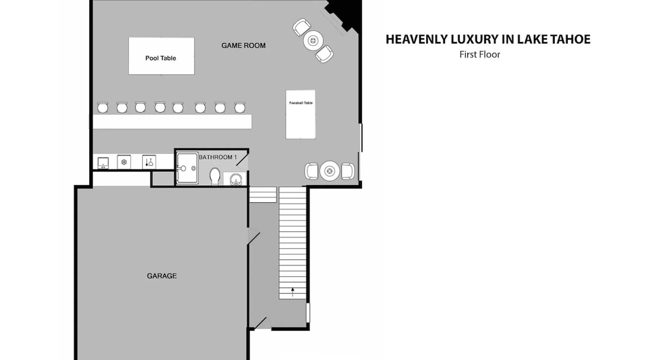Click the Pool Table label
point(161,58)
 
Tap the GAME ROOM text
point(243,45)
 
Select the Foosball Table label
point(301,103)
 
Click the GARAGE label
point(162,276)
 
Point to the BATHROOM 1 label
point(218,157)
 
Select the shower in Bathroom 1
point(187,168)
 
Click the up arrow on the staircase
point(293,292)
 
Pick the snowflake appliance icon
point(124,162)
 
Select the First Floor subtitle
point(480,54)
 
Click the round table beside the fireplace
point(313,40)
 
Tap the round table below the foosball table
point(329,171)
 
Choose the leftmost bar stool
point(103,107)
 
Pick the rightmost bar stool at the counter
point(240,107)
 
